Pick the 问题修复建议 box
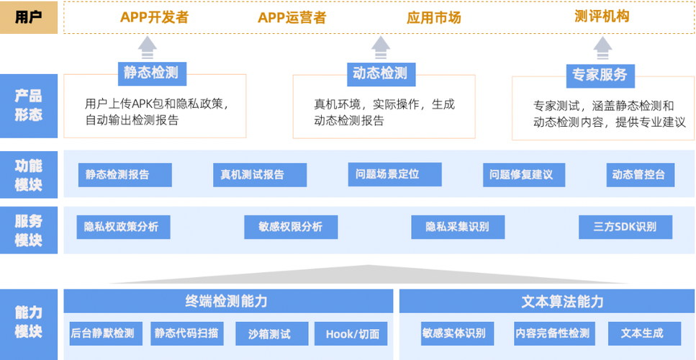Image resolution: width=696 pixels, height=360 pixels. [x=523, y=175]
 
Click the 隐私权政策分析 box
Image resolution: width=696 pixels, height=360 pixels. [x=122, y=227]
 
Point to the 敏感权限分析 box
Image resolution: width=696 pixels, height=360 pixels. [x=291, y=227]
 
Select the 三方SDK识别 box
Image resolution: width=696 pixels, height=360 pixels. [x=625, y=227]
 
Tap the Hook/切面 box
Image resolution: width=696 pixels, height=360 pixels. [x=351, y=333]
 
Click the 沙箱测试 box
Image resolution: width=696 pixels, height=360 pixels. [x=268, y=333]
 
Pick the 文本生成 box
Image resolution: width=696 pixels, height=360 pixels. [x=641, y=333]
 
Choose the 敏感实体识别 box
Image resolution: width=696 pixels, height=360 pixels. [x=453, y=333]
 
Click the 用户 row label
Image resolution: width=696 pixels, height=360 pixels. [x=29, y=18]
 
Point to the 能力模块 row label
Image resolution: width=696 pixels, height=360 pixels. [x=29, y=322]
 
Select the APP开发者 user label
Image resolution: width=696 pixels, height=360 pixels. [x=154, y=18]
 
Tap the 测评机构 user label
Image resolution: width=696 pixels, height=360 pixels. [x=602, y=17]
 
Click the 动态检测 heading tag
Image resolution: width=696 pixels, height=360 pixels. [x=380, y=73]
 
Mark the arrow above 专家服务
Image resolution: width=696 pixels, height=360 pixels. [x=602, y=49]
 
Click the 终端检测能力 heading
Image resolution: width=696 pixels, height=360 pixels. [x=228, y=301]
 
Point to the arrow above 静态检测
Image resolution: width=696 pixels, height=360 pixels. [x=148, y=49]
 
